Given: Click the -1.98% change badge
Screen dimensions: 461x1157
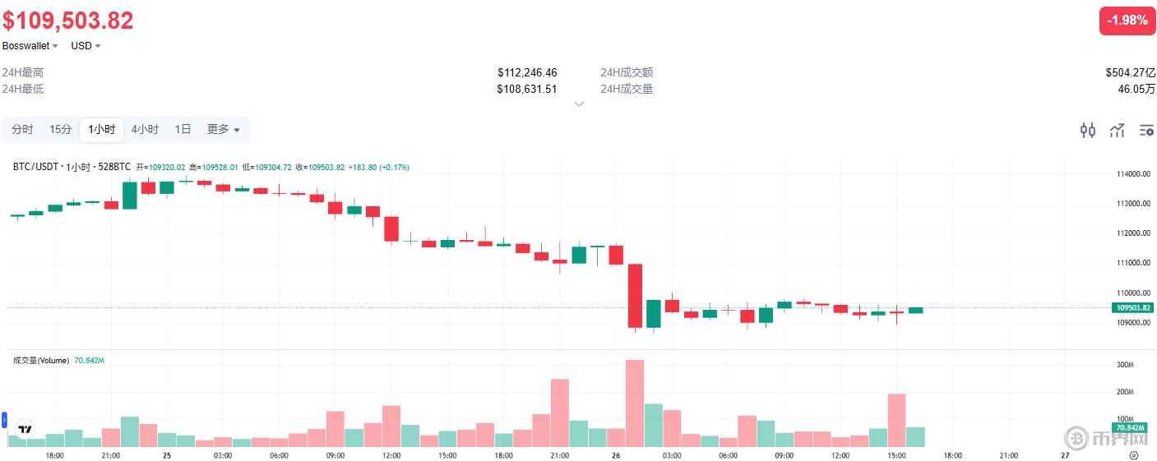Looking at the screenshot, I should click(x=1127, y=20).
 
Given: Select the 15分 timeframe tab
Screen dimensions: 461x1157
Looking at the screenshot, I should click(x=60, y=129).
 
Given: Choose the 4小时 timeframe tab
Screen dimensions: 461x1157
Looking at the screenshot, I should click(x=145, y=129).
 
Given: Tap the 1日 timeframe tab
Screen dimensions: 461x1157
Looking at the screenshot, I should click(x=183, y=129).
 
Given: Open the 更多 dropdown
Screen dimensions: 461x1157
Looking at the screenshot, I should click(x=223, y=129).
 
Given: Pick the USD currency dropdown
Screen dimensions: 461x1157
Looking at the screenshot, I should click(x=86, y=46).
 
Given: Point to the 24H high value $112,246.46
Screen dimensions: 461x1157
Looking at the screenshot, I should click(x=526, y=72).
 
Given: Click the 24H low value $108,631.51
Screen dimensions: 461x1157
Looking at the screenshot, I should click(x=526, y=89).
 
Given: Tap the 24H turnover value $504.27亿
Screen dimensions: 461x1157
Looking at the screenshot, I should click(x=1130, y=72).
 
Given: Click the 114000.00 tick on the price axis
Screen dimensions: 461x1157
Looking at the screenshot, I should click(x=1132, y=174).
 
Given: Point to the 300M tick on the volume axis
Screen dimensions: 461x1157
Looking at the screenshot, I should click(x=1125, y=365).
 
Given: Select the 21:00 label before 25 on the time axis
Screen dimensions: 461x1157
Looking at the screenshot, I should click(x=110, y=454).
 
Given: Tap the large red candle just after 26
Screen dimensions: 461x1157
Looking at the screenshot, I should click(x=635, y=296).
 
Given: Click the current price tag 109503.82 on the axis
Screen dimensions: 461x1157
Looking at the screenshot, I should click(x=1132, y=307).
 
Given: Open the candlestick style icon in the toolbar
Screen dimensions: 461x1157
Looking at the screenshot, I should click(x=1088, y=130).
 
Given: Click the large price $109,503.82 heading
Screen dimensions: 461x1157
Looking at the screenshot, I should click(x=68, y=21).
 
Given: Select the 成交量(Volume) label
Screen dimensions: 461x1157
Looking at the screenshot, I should click(x=41, y=360).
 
